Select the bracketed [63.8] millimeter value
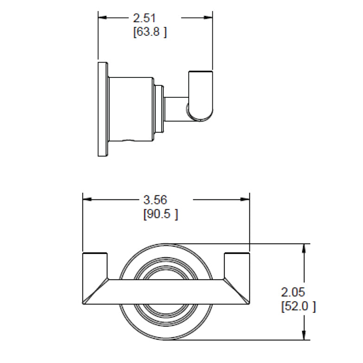(x=149, y=32)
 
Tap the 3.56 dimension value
(x=155, y=200)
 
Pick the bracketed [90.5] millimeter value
(x=160, y=214)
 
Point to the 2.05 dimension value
(x=293, y=292)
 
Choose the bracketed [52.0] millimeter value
(x=298, y=306)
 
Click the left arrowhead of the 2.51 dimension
(x=102, y=18)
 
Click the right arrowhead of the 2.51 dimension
(x=208, y=18)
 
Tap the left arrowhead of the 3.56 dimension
(x=87, y=200)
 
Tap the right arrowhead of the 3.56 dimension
(x=245, y=200)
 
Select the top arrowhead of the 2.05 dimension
(x=304, y=248)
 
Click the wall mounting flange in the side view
(x=102, y=108)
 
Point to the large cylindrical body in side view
(x=131, y=108)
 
